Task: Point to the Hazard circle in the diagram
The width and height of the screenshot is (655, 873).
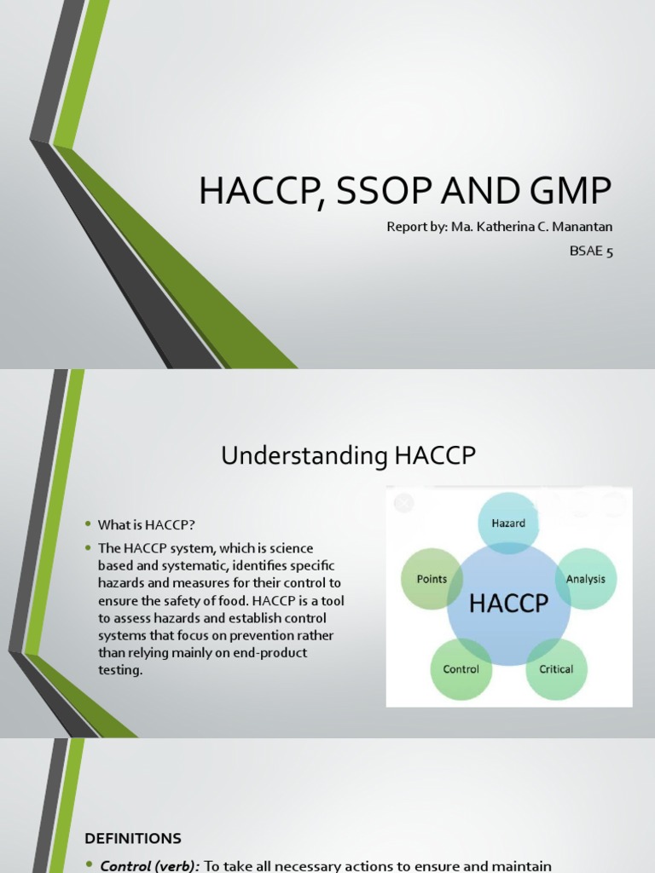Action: [508, 523]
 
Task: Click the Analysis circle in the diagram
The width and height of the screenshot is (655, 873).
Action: [585, 579]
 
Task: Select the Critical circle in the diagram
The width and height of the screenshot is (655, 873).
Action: [556, 669]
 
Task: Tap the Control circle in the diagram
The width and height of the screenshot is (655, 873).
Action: [461, 669]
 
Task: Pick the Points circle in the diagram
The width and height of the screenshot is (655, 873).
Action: [432, 579]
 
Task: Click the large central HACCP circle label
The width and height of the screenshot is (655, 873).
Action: [508, 604]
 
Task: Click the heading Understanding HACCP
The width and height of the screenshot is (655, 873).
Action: [348, 456]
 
